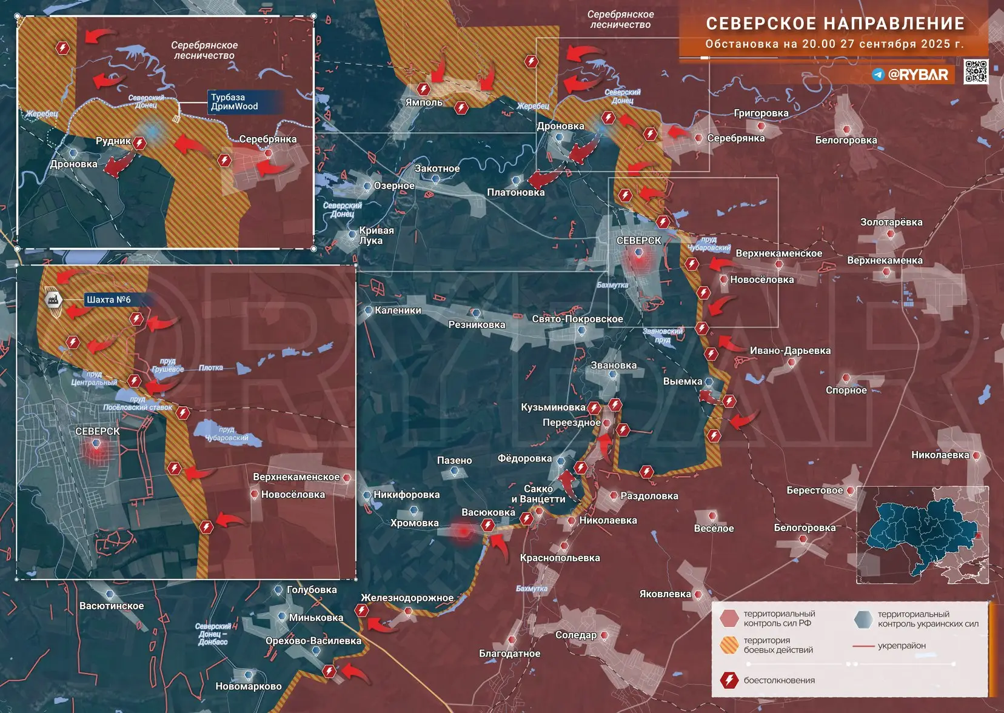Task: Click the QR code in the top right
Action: click(976, 72)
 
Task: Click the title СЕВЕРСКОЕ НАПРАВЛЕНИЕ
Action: click(835, 24)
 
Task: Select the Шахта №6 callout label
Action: click(109, 300)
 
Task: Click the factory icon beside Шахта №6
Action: click(54, 299)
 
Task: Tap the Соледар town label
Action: click(576, 635)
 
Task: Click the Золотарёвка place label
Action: click(891, 222)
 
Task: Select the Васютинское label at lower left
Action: click(112, 606)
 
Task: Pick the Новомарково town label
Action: click(249, 686)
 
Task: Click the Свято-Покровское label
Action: click(577, 319)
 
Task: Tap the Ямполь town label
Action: click(424, 102)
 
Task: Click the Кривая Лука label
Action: click(376, 235)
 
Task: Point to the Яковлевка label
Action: click(665, 594)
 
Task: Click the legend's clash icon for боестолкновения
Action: click(729, 680)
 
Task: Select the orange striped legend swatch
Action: click(729, 645)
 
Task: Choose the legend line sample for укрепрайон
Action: click(863, 646)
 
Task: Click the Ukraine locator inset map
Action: click(922, 535)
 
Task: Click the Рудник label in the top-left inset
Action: click(113, 141)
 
